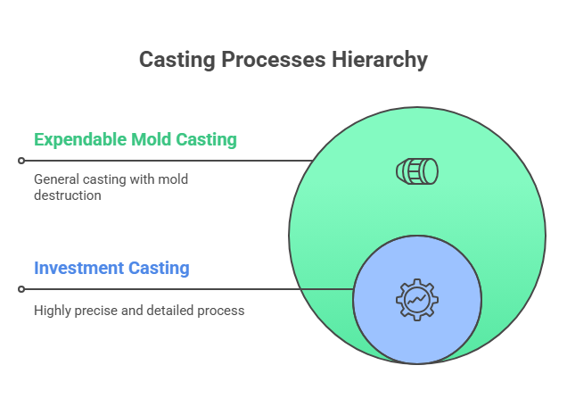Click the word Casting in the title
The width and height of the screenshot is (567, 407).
click(177, 60)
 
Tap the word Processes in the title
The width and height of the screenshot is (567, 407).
click(274, 60)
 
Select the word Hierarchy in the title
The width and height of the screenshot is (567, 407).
click(380, 60)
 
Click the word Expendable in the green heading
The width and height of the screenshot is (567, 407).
click(80, 140)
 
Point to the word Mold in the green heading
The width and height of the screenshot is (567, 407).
click(151, 139)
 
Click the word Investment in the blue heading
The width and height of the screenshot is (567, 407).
click(78, 268)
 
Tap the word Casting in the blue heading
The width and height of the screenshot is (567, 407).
click(159, 269)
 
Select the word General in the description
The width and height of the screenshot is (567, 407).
click(56, 179)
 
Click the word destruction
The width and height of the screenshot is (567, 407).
click(68, 195)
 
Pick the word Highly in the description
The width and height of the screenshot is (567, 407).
click(52, 311)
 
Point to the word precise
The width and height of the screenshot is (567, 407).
click(96, 311)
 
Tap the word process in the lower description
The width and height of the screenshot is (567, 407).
click(220, 311)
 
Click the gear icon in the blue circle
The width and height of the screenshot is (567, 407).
click(417, 300)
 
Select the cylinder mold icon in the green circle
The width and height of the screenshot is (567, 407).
click(417, 171)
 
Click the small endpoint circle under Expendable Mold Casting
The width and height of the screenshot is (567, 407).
click(21, 161)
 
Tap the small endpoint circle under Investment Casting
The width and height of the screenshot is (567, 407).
click(21, 289)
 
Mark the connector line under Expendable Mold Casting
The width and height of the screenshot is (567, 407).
click(168, 161)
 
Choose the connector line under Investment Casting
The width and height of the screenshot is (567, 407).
click(189, 289)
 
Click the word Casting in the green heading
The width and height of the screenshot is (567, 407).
click(206, 140)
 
